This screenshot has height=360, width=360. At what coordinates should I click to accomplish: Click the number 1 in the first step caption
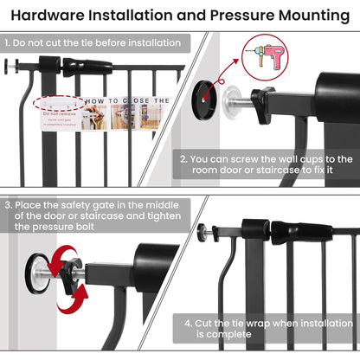click(x=7, y=42)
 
